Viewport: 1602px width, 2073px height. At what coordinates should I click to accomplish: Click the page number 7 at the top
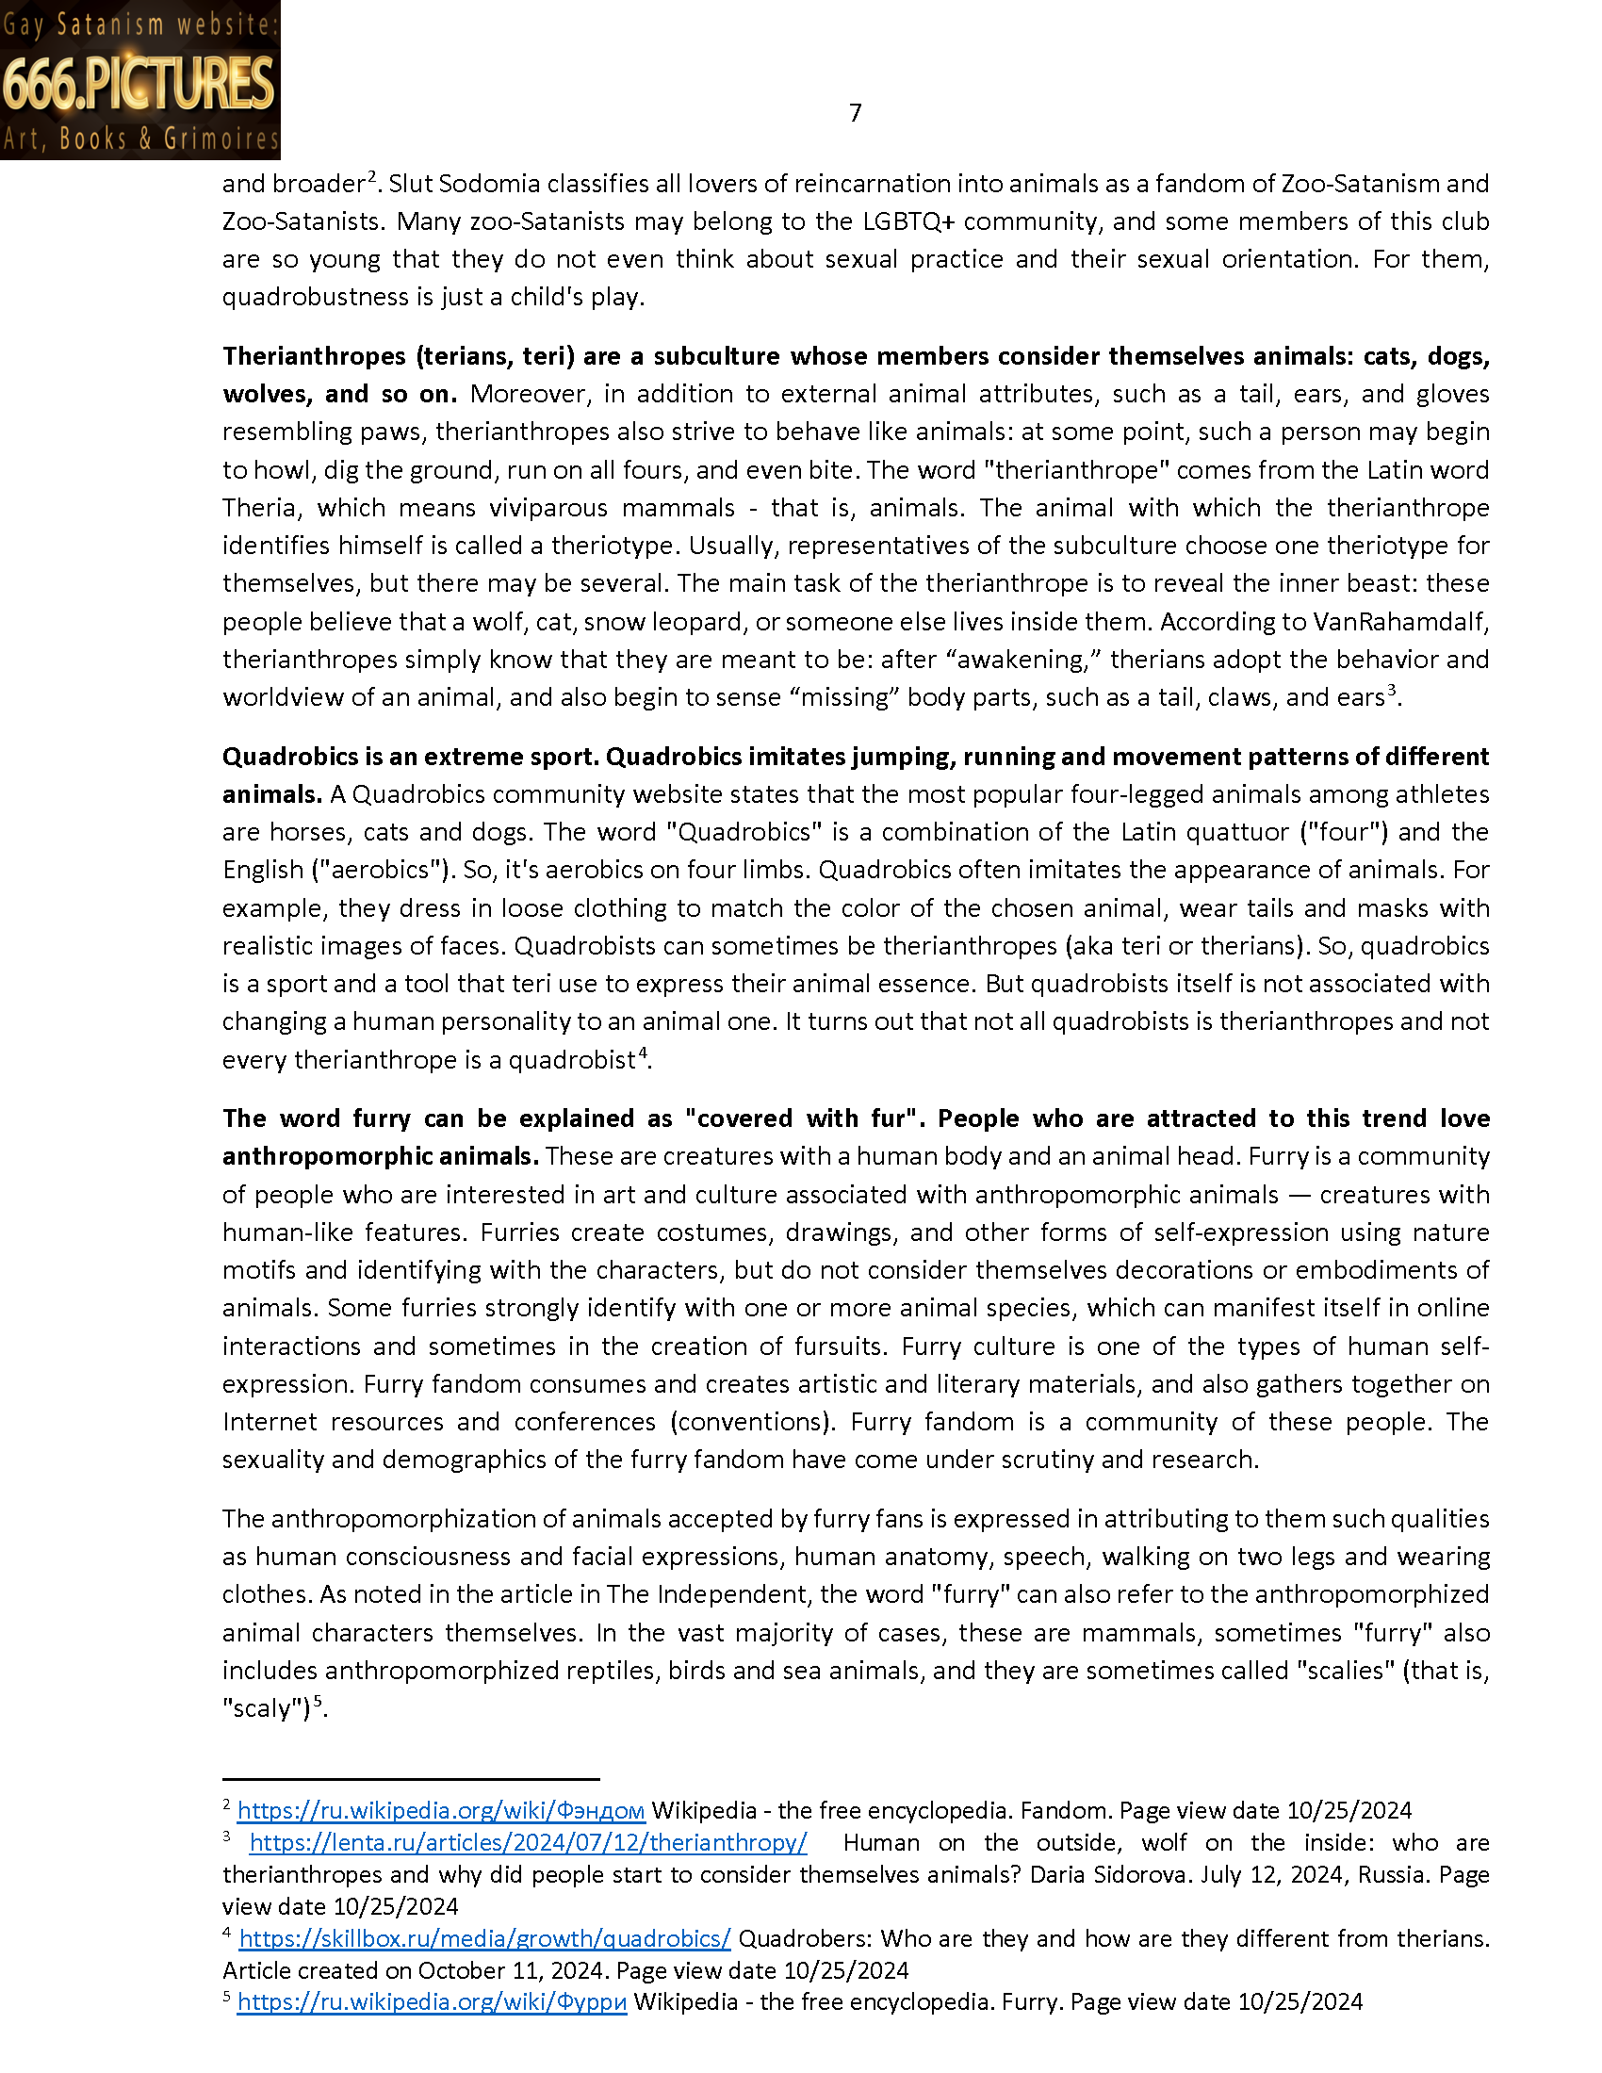[855, 114]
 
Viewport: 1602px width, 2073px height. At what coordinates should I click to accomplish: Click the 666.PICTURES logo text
[139, 84]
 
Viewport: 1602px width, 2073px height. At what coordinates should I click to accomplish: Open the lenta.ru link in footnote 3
[528, 1842]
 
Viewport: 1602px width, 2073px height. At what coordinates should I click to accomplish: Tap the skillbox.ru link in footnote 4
[485, 1938]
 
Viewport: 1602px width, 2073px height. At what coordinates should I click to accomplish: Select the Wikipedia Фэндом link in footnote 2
[441, 1810]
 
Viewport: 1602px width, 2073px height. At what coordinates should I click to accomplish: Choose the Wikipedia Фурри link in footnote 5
[432, 2001]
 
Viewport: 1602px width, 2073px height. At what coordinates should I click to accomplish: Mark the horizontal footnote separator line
[411, 1779]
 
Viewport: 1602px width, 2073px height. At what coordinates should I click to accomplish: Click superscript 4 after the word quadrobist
[643, 1053]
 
